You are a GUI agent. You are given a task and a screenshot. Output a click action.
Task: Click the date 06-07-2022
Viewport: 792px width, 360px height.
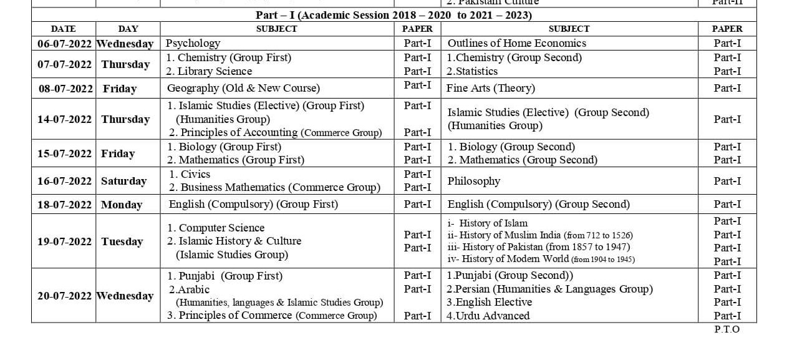(x=64, y=44)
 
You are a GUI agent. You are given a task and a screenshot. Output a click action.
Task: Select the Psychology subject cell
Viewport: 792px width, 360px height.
(x=193, y=44)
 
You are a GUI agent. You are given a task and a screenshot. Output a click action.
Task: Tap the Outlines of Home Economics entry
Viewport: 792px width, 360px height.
(x=516, y=44)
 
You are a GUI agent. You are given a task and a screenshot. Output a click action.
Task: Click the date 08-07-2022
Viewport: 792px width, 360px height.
(x=65, y=89)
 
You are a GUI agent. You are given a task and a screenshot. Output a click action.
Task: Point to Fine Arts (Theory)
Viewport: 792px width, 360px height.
(x=491, y=89)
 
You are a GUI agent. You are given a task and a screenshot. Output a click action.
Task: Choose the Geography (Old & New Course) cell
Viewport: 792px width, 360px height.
(x=243, y=88)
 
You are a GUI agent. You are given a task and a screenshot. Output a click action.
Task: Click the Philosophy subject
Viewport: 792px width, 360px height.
(x=474, y=181)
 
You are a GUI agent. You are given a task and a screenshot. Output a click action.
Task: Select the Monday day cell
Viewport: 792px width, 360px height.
(x=122, y=205)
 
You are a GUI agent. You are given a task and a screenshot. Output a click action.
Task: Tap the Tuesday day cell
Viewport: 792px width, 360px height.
(x=122, y=241)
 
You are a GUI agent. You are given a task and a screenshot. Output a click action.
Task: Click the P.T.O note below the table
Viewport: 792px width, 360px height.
(x=727, y=329)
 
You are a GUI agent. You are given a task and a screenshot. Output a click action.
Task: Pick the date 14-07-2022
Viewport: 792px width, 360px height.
(x=64, y=119)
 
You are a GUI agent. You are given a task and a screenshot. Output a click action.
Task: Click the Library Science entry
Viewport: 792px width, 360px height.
(x=209, y=71)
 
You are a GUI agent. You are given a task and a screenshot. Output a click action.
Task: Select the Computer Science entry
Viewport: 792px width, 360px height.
(x=216, y=228)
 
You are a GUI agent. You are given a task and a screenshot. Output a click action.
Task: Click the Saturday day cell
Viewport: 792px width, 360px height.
(x=123, y=181)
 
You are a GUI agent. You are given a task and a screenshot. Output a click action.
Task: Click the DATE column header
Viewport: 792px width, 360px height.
(x=63, y=29)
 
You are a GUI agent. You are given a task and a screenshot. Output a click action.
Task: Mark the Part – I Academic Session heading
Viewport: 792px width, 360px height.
(x=394, y=15)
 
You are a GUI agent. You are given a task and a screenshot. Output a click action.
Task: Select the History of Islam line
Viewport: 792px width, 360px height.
(x=488, y=223)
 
